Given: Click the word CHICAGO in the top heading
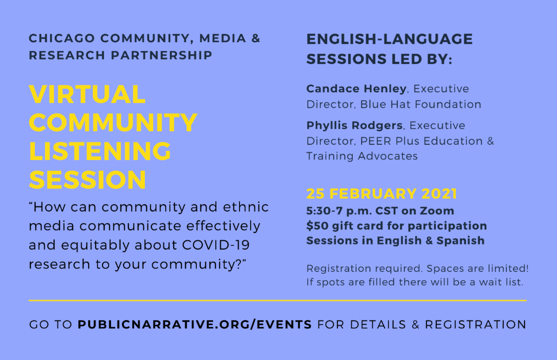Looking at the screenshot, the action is pyautogui.click(x=62, y=39).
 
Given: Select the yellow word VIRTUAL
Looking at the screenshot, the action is pyautogui.click(x=87, y=95).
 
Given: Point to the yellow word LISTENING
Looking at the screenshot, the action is pyautogui.click(x=100, y=151).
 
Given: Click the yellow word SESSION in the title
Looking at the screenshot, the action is pyautogui.click(x=88, y=180).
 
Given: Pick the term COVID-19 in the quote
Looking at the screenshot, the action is pyautogui.click(x=216, y=245).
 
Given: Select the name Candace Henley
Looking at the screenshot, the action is pyautogui.click(x=356, y=89).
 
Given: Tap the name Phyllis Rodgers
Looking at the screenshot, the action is pyautogui.click(x=354, y=125).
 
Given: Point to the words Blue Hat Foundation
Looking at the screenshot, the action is pyautogui.click(x=421, y=104).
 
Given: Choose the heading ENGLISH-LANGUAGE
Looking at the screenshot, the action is pyautogui.click(x=389, y=39).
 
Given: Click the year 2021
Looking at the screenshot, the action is pyautogui.click(x=440, y=194).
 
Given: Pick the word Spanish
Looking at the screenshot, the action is pyautogui.click(x=460, y=241).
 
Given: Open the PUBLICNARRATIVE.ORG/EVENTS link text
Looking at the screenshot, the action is pyautogui.click(x=194, y=324).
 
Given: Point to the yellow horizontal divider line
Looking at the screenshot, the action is pyautogui.click(x=278, y=301).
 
